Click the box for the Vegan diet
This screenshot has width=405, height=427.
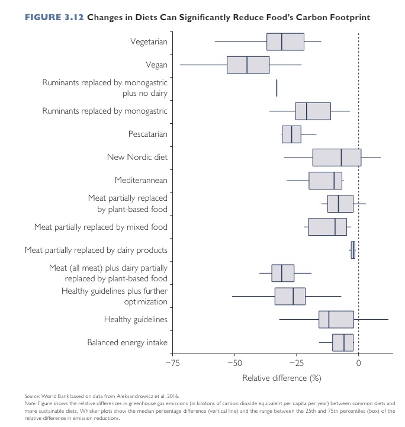tap(248, 65)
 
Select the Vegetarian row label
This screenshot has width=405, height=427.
tap(149, 42)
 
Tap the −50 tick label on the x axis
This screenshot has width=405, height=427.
tap(234, 363)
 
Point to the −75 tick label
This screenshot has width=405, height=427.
tap(172, 363)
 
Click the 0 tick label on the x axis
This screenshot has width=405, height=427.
tap(358, 363)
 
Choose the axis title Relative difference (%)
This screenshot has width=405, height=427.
tap(281, 377)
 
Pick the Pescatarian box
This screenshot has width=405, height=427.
tap(291, 134)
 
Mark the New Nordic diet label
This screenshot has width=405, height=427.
tap(137, 157)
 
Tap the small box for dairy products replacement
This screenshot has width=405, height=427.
tap(353, 250)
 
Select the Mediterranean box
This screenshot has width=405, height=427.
tap(326, 181)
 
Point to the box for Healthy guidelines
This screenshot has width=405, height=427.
tap(336, 319)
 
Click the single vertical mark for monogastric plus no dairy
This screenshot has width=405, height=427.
tap(277, 88)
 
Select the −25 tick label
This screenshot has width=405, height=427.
tap(297, 363)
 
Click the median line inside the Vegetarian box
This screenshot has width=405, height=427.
tap(282, 42)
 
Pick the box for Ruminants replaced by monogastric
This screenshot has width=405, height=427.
tap(313, 111)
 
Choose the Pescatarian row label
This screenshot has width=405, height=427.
tap(147, 134)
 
